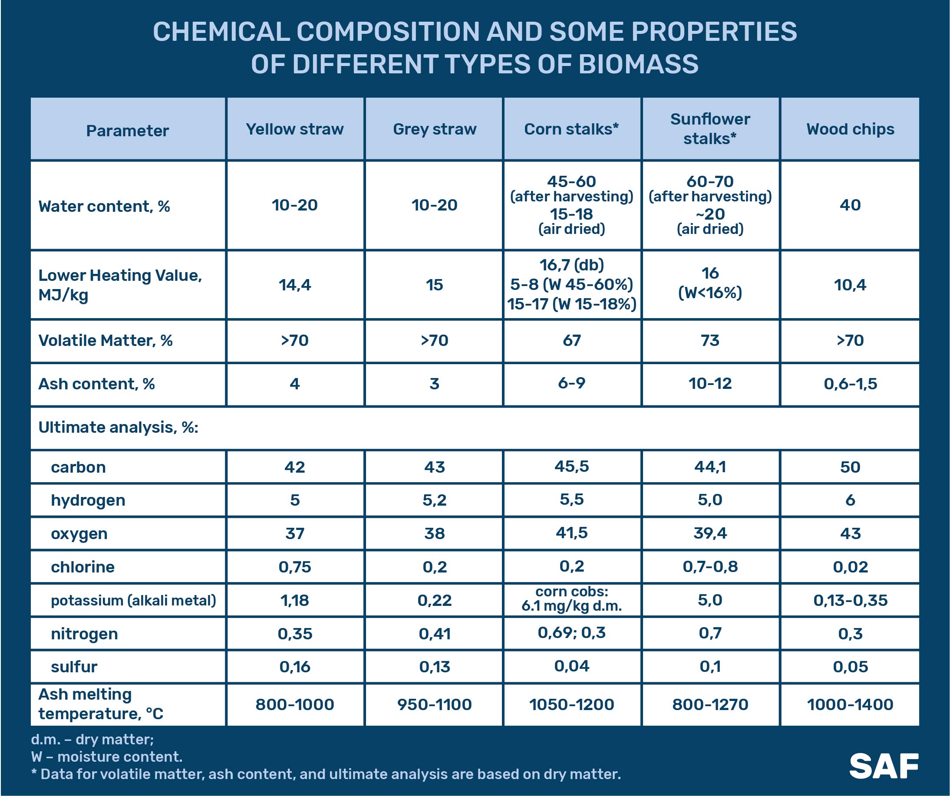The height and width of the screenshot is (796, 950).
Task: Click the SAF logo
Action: coord(884,766)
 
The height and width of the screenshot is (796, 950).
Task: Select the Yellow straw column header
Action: coord(294,129)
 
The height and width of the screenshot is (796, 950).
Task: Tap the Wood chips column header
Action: coord(850,129)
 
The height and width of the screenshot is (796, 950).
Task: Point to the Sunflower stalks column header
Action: coord(710,129)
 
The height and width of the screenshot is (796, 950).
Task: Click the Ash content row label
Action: coord(96,384)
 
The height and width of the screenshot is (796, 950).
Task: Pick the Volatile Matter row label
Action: coord(106,341)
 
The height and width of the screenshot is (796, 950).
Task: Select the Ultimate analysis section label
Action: coord(119,428)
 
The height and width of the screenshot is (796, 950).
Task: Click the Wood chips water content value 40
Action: coord(850,205)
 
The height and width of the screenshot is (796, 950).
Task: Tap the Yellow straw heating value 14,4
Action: coord(294,285)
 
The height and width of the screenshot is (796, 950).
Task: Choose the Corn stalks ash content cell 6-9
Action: coord(571,384)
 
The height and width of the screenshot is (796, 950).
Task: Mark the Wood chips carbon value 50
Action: coord(850,467)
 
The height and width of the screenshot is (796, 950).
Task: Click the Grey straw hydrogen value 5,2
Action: coord(434,500)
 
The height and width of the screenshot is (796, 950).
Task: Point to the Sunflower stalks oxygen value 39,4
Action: coord(710,534)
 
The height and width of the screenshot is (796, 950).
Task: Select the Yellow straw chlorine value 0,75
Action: coord(294,567)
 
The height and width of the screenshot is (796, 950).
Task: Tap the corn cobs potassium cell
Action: coord(571,599)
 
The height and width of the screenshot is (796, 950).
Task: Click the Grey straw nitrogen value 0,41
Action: coord(434,634)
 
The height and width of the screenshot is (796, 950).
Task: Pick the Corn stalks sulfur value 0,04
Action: coord(571,666)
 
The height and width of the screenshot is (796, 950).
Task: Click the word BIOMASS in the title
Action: coord(638,64)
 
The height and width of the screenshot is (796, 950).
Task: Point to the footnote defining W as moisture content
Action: coord(107,757)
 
